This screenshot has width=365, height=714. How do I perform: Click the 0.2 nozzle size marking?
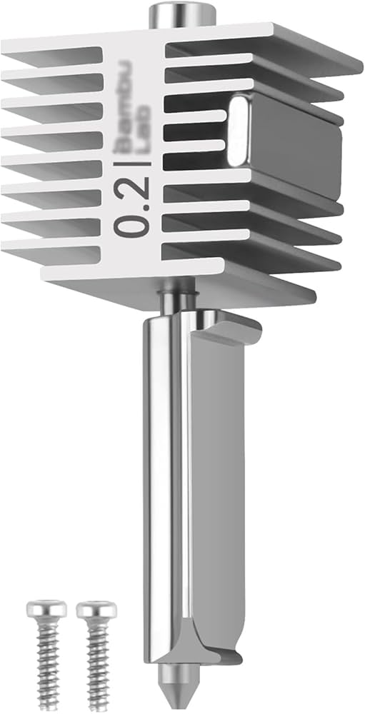coord(134,208)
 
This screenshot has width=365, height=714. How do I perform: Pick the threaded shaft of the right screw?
coord(98,657)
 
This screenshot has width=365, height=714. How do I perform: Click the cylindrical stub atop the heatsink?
coord(182,14)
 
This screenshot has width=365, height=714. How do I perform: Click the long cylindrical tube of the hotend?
coord(169,464)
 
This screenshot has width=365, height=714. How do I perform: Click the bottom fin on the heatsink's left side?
coord(50,250)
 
